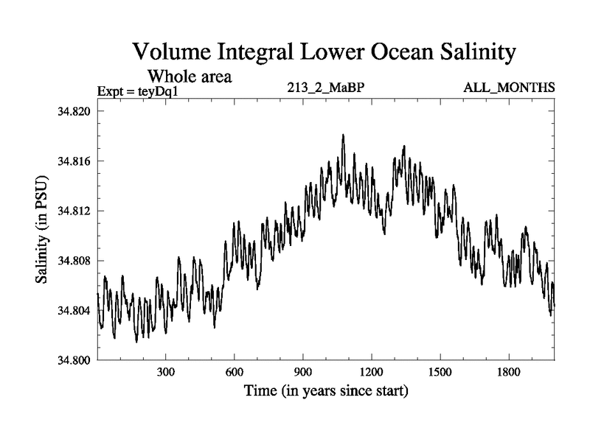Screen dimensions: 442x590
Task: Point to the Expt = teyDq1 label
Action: pos(139,91)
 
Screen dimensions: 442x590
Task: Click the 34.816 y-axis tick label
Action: pos(74,161)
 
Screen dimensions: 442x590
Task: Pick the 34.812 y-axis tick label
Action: pos(74,211)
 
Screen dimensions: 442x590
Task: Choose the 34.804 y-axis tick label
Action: pos(74,310)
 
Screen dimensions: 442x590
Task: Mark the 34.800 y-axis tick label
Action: pos(74,360)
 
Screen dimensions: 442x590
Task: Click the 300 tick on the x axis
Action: pos(165,373)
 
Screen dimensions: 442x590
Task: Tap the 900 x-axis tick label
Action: pos(302,373)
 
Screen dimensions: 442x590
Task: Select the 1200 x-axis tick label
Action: pos(371,373)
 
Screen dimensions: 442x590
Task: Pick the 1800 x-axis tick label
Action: pos(508,373)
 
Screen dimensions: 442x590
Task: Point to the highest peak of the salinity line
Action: pos(343,136)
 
